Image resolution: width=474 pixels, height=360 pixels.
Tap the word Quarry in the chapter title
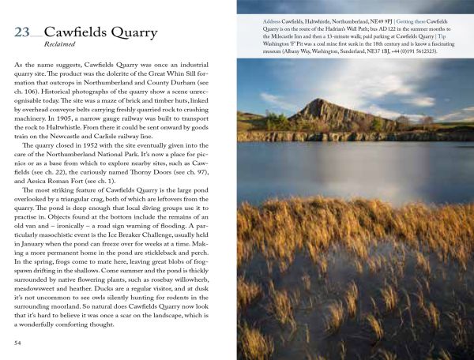click(154, 34)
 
